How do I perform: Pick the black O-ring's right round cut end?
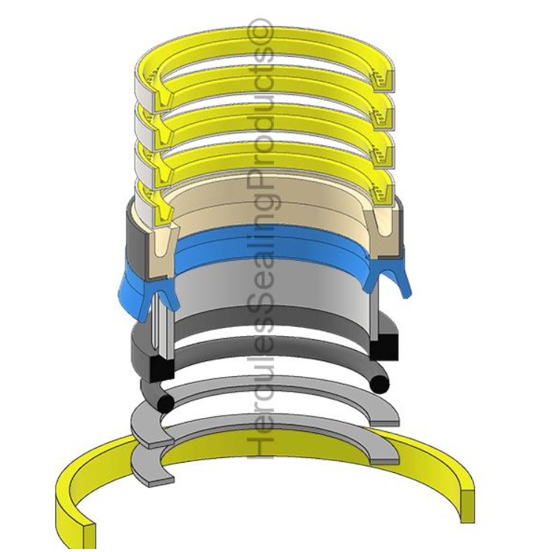[380, 383]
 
